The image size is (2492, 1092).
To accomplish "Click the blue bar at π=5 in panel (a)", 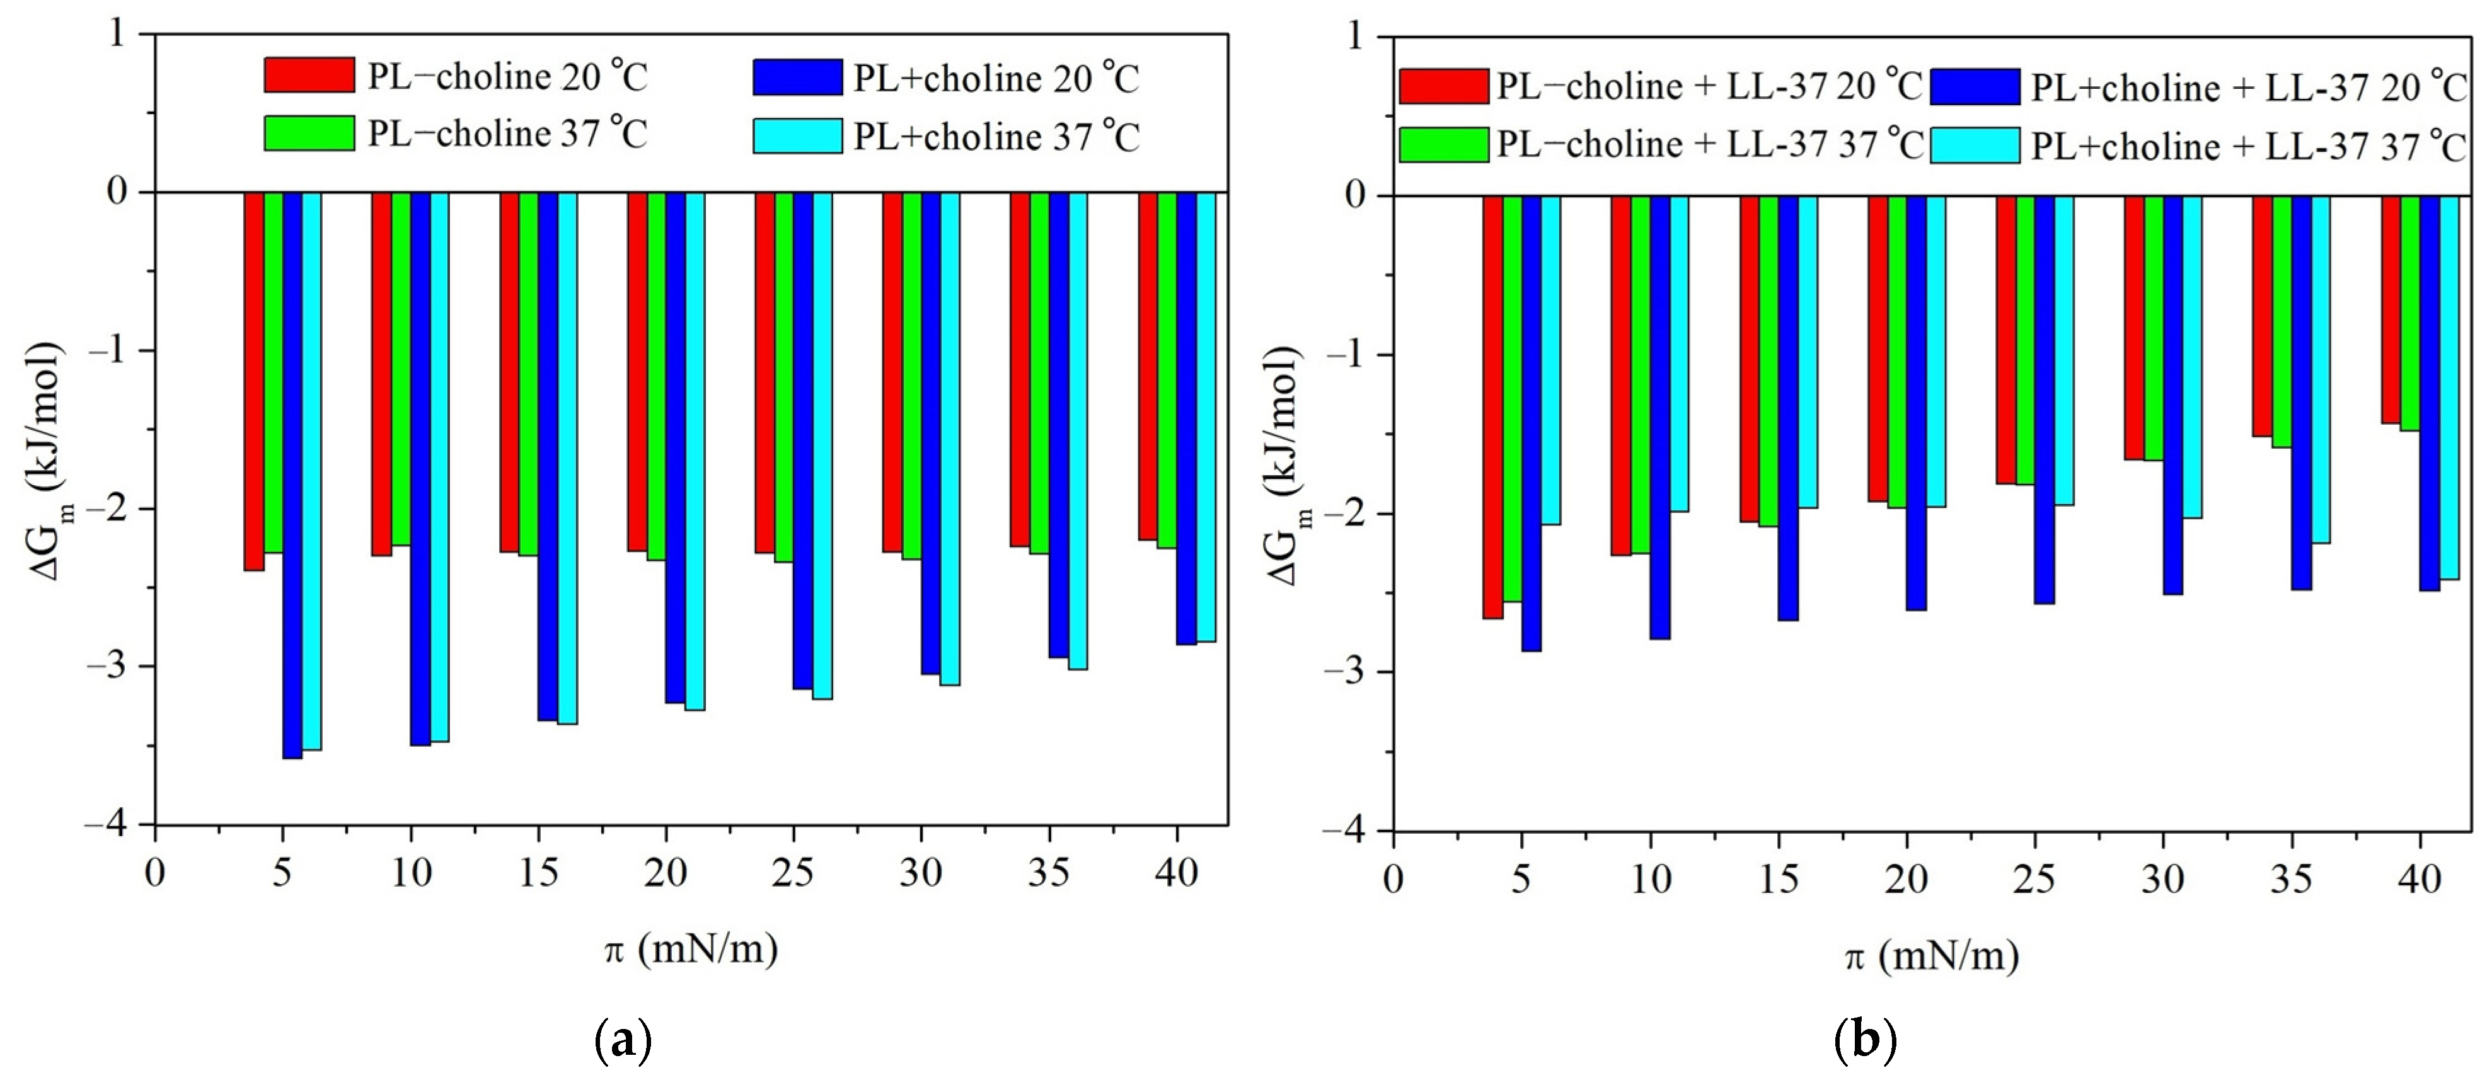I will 292,474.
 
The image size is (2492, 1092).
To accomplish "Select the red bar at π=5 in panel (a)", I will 253,381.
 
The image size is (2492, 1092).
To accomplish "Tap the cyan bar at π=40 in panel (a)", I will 1206,416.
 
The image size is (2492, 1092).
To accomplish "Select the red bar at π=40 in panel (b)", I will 2389,309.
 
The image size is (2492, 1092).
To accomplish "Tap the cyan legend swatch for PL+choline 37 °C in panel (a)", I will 797,136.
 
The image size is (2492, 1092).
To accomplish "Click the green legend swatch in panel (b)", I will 1443,145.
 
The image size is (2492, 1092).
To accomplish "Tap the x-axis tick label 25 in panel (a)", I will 792,873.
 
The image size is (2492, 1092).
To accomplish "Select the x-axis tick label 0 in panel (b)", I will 1392,879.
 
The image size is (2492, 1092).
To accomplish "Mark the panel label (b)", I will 1864,1041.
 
